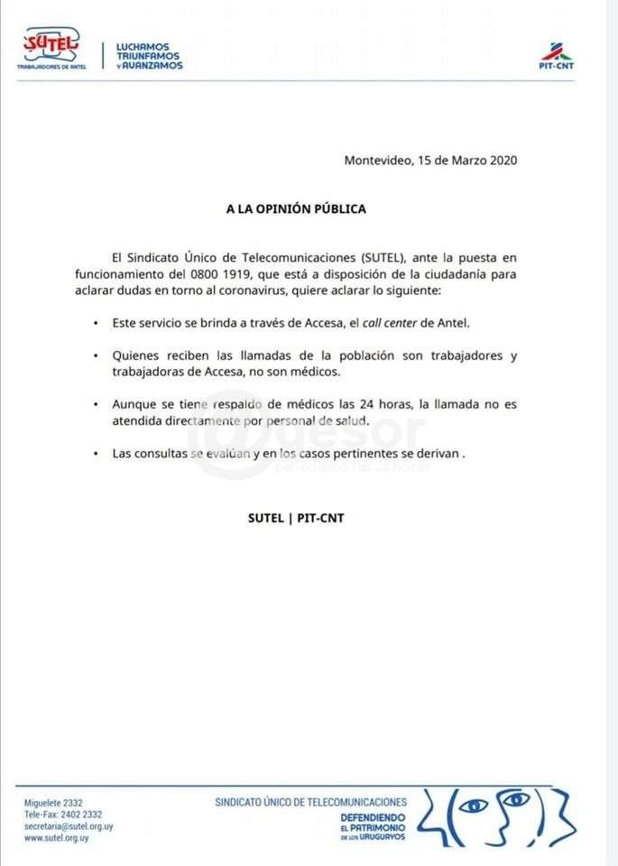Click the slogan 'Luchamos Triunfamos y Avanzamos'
coord(149,55)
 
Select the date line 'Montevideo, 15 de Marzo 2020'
coord(430,161)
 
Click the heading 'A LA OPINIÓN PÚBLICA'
coord(296,208)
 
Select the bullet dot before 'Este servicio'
coord(95,322)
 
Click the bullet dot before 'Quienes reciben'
coord(95,355)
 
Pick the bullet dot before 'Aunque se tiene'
coord(95,405)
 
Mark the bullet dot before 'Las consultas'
coord(95,455)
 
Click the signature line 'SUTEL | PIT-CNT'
coord(296,518)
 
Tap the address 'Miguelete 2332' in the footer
coord(53,802)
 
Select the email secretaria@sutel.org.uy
coord(69,825)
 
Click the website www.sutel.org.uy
coord(57,837)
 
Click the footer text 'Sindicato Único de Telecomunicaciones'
coord(310,801)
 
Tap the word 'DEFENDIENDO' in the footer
coord(373,815)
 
